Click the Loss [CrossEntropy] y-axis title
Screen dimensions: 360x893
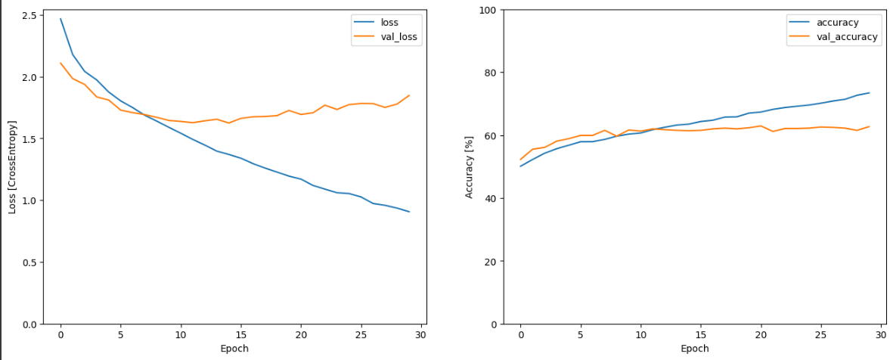coord(13,166)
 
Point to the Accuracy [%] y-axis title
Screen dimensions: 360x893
coord(469,166)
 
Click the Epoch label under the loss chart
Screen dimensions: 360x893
coord(234,349)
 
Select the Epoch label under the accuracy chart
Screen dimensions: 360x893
coord(694,349)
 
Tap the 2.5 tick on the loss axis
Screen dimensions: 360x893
coord(30,16)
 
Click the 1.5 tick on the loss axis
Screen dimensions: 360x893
coord(30,139)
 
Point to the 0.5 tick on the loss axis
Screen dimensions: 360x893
coord(30,262)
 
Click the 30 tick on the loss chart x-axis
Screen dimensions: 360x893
coord(421,335)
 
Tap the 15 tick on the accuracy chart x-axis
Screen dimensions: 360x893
coord(701,335)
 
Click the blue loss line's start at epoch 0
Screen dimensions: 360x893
coord(60,19)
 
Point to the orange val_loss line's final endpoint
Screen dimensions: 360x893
coord(409,95)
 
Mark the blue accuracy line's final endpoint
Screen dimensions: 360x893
coord(869,93)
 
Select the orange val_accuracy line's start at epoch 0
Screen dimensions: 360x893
coord(520,160)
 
